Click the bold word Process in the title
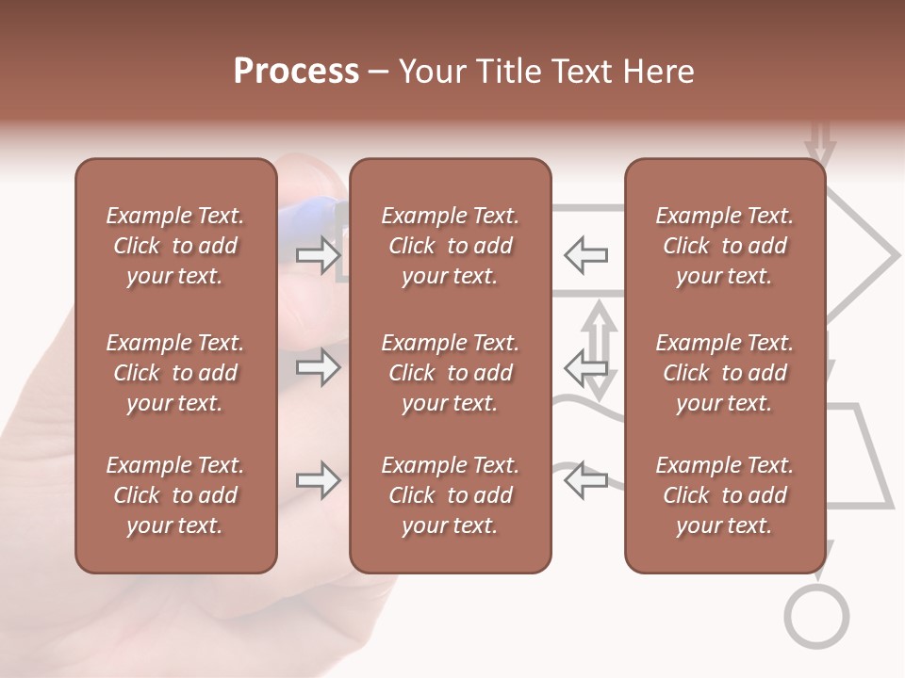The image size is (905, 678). tap(296, 72)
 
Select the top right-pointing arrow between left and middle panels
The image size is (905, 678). tap(318, 254)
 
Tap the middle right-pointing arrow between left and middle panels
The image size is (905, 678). tap(318, 367)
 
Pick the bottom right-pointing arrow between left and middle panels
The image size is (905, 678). tap(318, 481)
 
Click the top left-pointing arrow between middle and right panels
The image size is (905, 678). tap(585, 254)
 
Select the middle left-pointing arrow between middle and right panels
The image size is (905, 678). tap(585, 367)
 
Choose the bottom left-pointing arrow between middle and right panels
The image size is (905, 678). tap(585, 481)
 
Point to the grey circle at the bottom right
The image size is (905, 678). tap(816, 617)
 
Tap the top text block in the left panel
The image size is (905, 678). tap(175, 246)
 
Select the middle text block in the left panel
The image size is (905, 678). tap(175, 373)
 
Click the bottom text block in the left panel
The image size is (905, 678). tap(175, 495)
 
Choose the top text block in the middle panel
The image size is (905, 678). tap(450, 246)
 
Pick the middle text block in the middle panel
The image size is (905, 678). tap(450, 373)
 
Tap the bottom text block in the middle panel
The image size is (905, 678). tap(450, 495)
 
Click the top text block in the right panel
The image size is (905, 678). tap(724, 246)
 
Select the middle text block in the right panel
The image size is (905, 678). tap(724, 373)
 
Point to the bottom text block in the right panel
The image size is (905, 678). tap(724, 495)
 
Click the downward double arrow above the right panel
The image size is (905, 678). tap(820, 144)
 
